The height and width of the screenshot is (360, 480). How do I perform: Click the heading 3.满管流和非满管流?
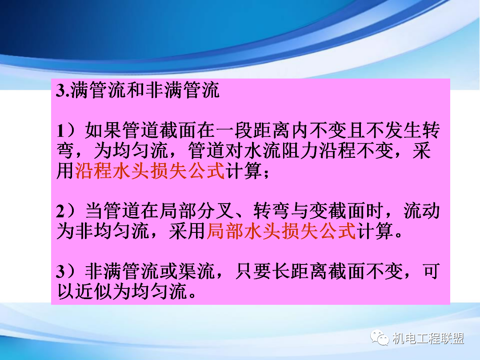(x=138, y=91)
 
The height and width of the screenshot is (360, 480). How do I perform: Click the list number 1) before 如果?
(x=67, y=132)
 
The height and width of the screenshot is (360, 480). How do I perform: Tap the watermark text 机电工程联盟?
(x=428, y=339)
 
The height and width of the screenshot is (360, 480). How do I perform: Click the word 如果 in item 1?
(x=103, y=132)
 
